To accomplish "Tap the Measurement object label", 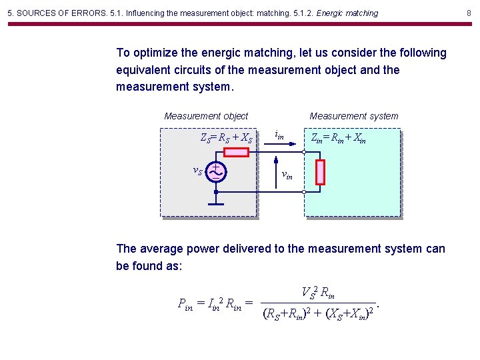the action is pyautogui.click(x=206, y=116).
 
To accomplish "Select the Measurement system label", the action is pyautogui.click(x=354, y=116).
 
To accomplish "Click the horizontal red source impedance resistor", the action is pyautogui.click(x=236, y=153).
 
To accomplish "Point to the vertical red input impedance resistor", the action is pyautogui.click(x=320, y=172).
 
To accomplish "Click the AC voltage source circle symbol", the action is pyautogui.click(x=216, y=172).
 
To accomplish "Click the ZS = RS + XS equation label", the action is pyautogui.click(x=227, y=139).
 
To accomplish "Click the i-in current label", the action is pyautogui.click(x=279, y=136).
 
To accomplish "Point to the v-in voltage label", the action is pyautogui.click(x=287, y=175).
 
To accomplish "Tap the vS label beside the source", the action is pyautogui.click(x=198, y=171).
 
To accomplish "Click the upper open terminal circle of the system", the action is pyautogui.click(x=305, y=153).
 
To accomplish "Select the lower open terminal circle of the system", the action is pyautogui.click(x=305, y=192).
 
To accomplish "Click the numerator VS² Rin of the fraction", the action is pyautogui.click(x=318, y=292).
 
